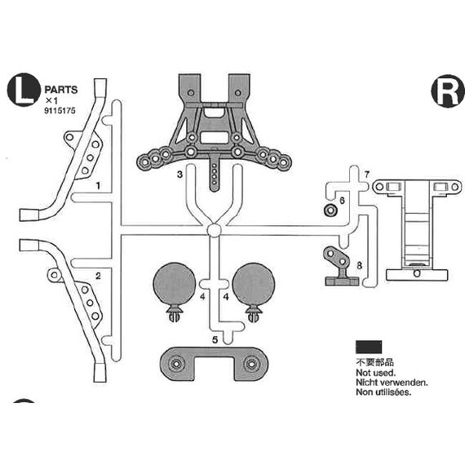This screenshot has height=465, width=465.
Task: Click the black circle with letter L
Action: click(x=24, y=90)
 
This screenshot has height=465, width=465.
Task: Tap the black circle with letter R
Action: click(x=448, y=91)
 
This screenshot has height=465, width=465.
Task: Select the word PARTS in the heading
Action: click(x=61, y=90)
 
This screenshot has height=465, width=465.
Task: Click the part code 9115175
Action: click(x=60, y=111)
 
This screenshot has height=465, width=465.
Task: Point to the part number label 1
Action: click(x=98, y=186)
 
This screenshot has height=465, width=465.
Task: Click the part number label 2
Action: click(x=98, y=276)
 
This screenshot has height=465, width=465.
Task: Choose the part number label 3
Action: click(x=179, y=175)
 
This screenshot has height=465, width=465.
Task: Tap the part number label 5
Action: click(x=215, y=340)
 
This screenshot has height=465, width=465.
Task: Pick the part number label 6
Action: click(x=342, y=201)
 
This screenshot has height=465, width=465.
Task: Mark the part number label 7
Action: click(x=367, y=175)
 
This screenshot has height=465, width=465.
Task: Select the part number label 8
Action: click(x=360, y=265)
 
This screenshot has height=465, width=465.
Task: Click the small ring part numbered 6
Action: click(x=330, y=210)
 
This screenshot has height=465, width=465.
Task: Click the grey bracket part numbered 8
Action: click(x=340, y=267)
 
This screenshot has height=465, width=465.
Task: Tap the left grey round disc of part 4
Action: click(x=174, y=284)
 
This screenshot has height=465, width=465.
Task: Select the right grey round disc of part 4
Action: click(x=254, y=284)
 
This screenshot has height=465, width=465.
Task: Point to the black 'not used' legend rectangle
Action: click(x=369, y=347)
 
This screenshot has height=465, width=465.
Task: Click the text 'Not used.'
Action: click(x=376, y=373)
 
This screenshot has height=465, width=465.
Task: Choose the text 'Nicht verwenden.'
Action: click(x=392, y=383)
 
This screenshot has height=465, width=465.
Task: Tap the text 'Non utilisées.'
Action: click(x=383, y=392)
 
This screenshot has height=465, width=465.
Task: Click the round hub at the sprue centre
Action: click(x=214, y=230)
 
